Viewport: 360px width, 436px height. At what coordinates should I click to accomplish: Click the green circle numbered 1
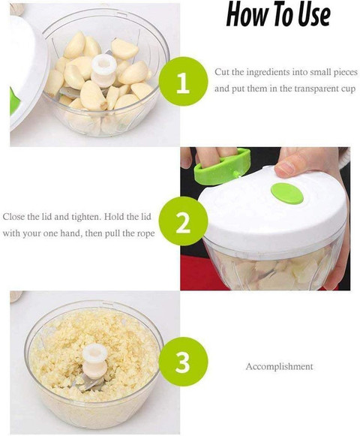(x=183, y=81)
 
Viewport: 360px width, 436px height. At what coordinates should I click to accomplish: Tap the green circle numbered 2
(x=183, y=221)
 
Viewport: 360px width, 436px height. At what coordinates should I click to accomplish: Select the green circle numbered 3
(x=183, y=361)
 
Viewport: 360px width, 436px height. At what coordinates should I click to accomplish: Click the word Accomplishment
(x=280, y=366)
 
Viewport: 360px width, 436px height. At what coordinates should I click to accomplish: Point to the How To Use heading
(x=278, y=15)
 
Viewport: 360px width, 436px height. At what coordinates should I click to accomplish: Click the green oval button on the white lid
(x=287, y=194)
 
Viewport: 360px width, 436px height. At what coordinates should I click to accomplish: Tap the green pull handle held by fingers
(x=223, y=167)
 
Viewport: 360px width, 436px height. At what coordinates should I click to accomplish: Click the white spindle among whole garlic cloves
(x=103, y=71)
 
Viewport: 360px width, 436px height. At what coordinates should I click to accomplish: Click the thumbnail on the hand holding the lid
(x=285, y=167)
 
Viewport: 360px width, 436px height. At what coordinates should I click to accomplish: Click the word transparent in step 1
(x=313, y=89)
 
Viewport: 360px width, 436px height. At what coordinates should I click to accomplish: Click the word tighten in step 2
(x=85, y=217)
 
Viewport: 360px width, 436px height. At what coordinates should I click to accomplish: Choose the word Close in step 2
(x=13, y=217)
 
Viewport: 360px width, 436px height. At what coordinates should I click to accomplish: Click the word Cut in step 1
(x=221, y=72)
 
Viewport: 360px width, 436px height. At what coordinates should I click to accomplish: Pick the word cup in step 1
(x=349, y=89)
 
